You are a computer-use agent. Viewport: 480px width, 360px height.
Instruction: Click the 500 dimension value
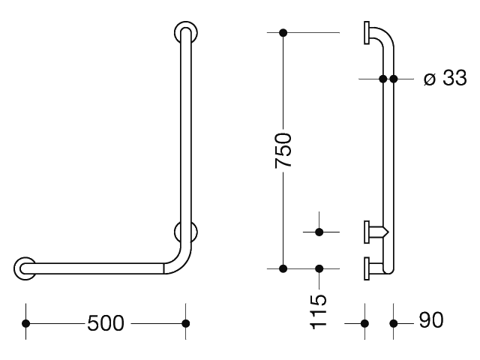pos(106,323)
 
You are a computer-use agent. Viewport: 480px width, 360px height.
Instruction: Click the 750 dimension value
pos(283,150)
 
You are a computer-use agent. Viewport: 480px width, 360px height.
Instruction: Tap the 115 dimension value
pos(319,312)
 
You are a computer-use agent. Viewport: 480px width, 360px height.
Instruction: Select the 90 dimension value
pos(431,320)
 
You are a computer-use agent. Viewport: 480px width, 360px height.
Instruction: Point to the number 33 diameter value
pos(455,78)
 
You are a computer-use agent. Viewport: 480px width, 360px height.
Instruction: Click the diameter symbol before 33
pos(430,79)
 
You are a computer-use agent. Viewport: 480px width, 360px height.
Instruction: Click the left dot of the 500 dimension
pos(26,323)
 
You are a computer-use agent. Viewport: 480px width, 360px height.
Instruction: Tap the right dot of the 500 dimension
pos(185,323)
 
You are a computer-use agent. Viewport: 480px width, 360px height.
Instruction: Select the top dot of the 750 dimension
pos(283,32)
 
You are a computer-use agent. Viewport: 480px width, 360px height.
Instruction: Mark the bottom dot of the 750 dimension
pos(283,268)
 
